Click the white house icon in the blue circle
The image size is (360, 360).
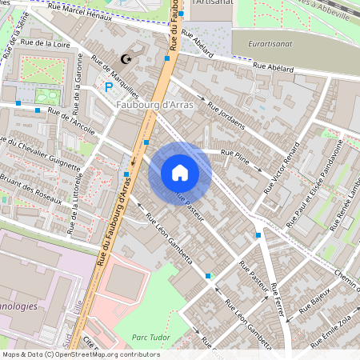(180, 173)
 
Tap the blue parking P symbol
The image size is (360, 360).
(109, 86)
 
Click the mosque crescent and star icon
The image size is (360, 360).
(125, 59)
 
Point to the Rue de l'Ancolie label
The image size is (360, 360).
(71, 120)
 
